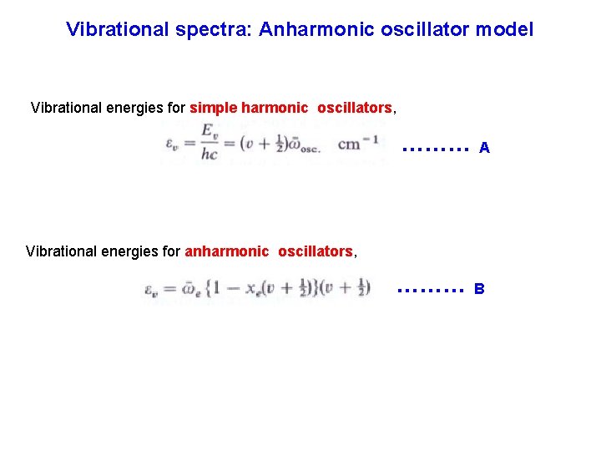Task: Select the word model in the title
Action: (x=503, y=30)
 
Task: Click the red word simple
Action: (x=214, y=109)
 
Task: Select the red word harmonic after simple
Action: (x=274, y=109)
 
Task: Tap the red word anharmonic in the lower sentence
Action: (x=226, y=251)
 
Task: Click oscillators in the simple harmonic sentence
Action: (x=354, y=109)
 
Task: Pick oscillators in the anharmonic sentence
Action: (x=315, y=251)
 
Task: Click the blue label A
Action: (x=484, y=149)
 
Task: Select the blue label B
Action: (x=479, y=290)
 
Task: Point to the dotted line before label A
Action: (x=434, y=149)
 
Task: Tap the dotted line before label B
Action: (x=430, y=291)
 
